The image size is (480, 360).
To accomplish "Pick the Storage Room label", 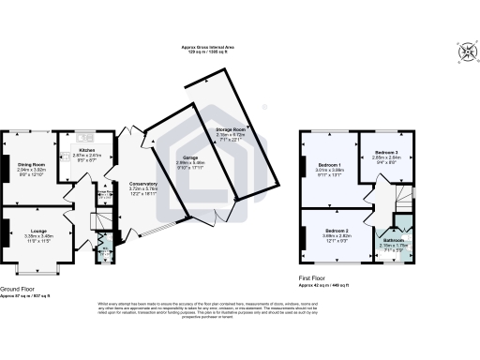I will point(231,129).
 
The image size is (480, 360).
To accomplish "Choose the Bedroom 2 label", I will point(337,231).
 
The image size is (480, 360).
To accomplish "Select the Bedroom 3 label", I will point(387,152).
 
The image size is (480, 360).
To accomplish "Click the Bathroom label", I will point(393,240).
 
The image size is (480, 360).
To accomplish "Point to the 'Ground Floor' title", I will point(18,289).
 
